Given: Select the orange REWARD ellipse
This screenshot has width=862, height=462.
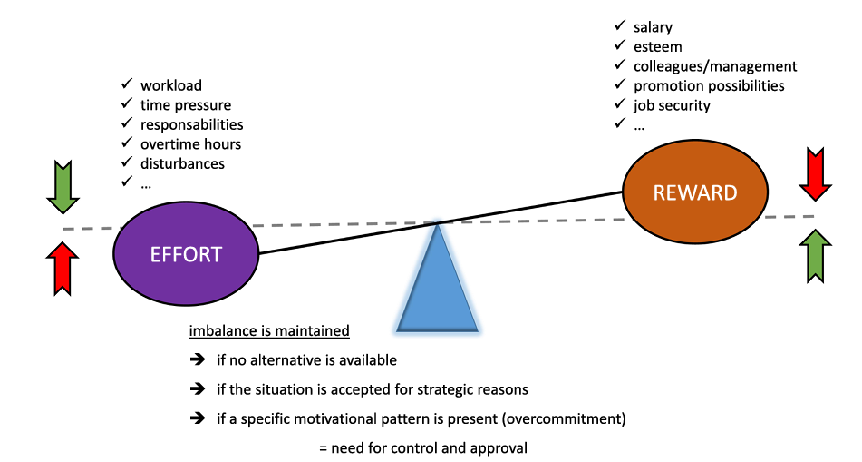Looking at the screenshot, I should click(695, 192).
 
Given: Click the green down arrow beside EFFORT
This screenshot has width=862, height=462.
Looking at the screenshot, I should click(63, 186).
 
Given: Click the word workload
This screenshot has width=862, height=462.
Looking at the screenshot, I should click(170, 86).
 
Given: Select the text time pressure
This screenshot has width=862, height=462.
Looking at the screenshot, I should click(185, 105).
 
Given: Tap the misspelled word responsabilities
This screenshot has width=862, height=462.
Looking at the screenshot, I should click(191, 124).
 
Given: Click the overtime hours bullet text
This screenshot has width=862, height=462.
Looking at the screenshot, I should click(190, 144).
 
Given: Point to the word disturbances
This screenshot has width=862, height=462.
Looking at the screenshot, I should click(182, 163).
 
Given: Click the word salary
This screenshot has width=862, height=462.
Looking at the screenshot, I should click(653, 27).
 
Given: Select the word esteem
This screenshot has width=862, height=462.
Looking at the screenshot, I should click(658, 46).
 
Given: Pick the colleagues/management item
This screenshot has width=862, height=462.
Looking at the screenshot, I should click(715, 66).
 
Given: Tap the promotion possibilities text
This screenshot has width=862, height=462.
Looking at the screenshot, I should click(709, 85).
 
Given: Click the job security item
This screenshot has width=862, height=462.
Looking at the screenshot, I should click(672, 105).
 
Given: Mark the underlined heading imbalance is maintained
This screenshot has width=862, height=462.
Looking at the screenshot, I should click(268, 331).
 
